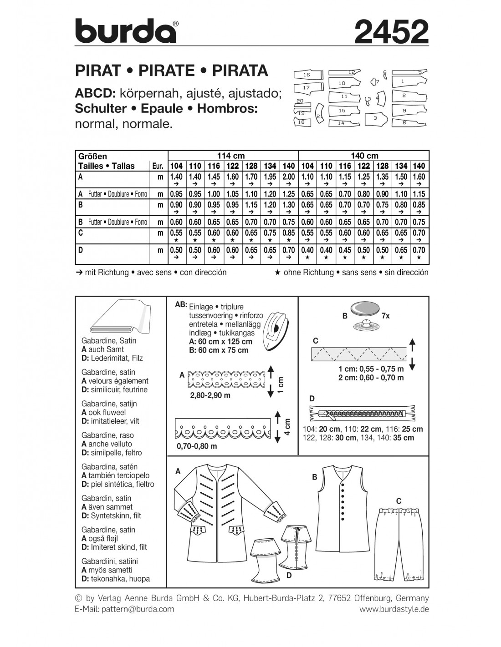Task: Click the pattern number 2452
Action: click(x=391, y=32)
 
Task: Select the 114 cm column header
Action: click(x=233, y=156)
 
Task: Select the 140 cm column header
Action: click(x=363, y=156)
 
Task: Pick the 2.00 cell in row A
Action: click(x=289, y=177)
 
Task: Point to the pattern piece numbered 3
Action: click(x=375, y=118)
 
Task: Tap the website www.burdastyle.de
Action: click(x=394, y=609)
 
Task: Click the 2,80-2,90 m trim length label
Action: click(x=210, y=395)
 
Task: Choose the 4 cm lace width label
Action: click(x=287, y=426)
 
